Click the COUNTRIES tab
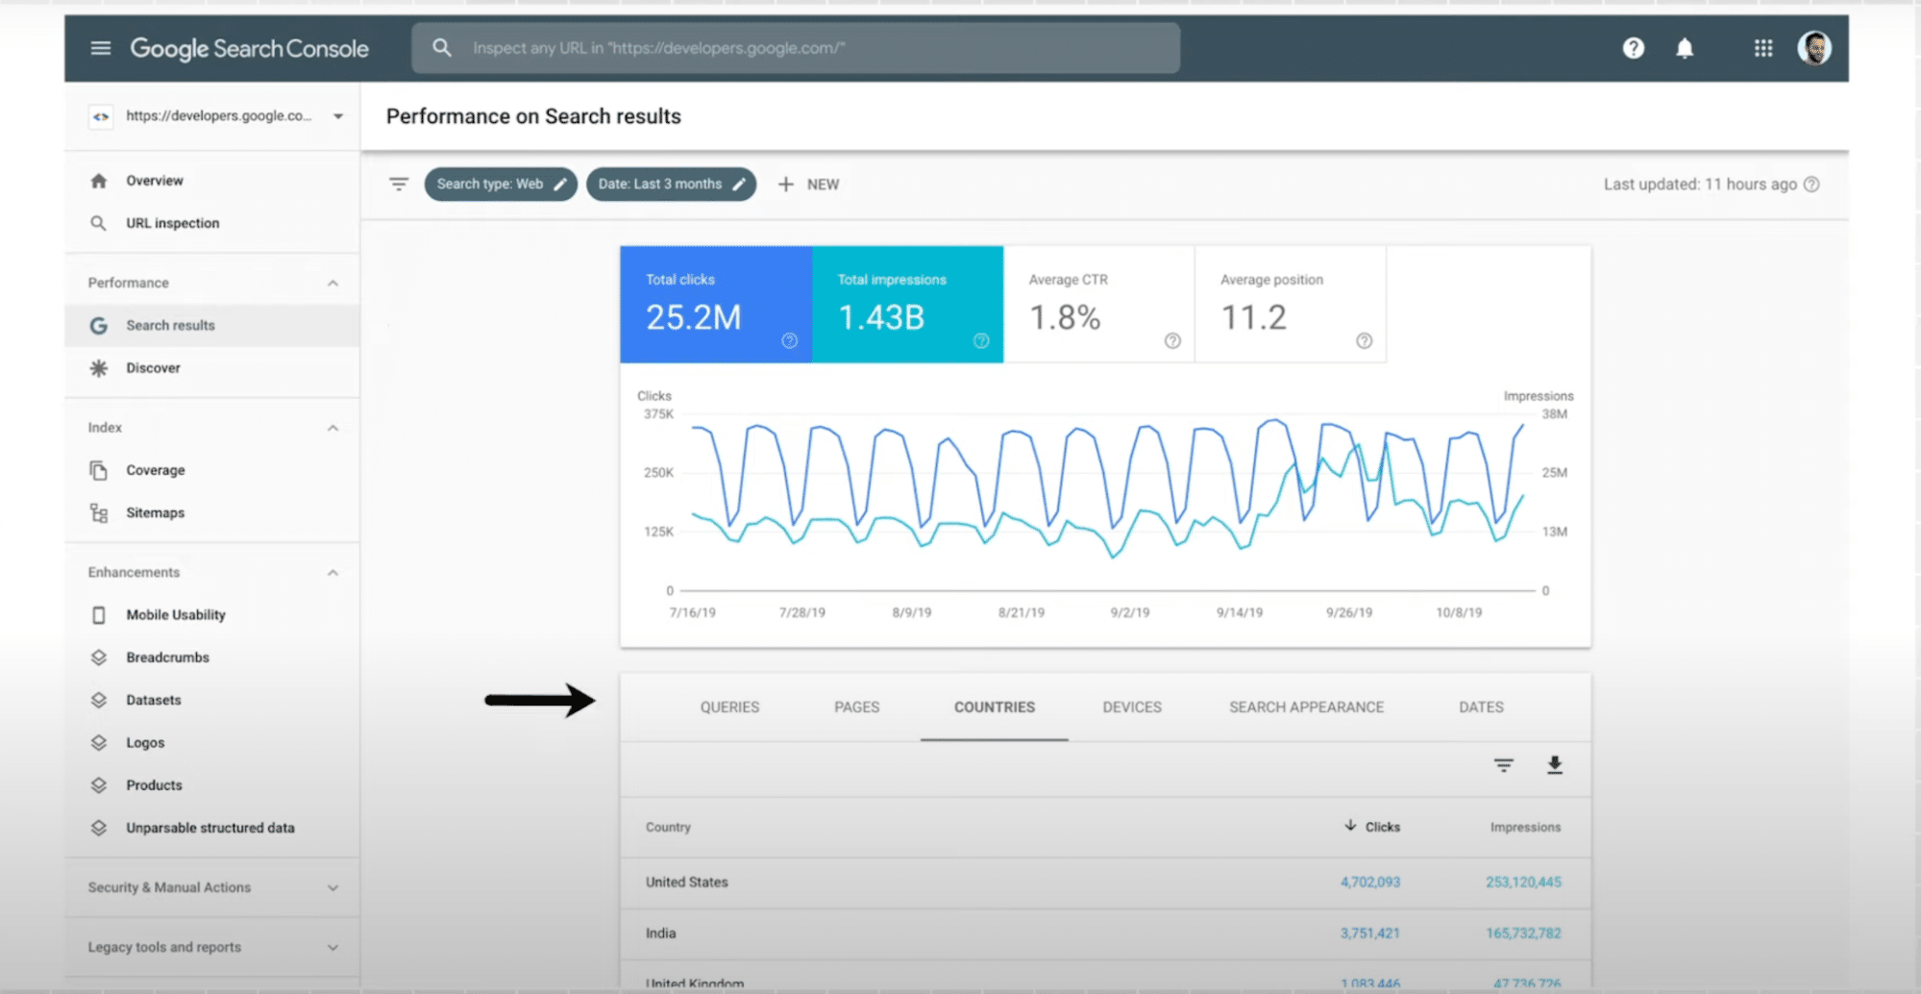pyautogui.click(x=994, y=707)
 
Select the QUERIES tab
pyautogui.click(x=729, y=707)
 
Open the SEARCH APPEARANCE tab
pyautogui.click(x=1306, y=707)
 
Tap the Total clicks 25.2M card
pyautogui.click(x=715, y=305)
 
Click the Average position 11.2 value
pyautogui.click(x=1253, y=317)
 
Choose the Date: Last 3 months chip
pyautogui.click(x=671, y=184)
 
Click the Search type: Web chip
pyautogui.click(x=500, y=184)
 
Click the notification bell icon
pyautogui.click(x=1685, y=48)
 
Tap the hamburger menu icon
pyautogui.click(x=101, y=48)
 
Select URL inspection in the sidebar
pyautogui.click(x=172, y=223)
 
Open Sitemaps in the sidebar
pyautogui.click(x=155, y=512)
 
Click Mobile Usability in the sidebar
pyautogui.click(x=175, y=614)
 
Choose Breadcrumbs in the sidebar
pyautogui.click(x=167, y=658)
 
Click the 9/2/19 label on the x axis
pyautogui.click(x=1129, y=612)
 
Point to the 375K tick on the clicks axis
pyautogui.click(x=658, y=414)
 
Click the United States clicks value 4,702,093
pyautogui.click(x=1369, y=882)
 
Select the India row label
pyautogui.click(x=661, y=932)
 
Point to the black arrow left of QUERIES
pyautogui.click(x=539, y=700)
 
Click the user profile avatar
pyautogui.click(x=1813, y=48)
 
